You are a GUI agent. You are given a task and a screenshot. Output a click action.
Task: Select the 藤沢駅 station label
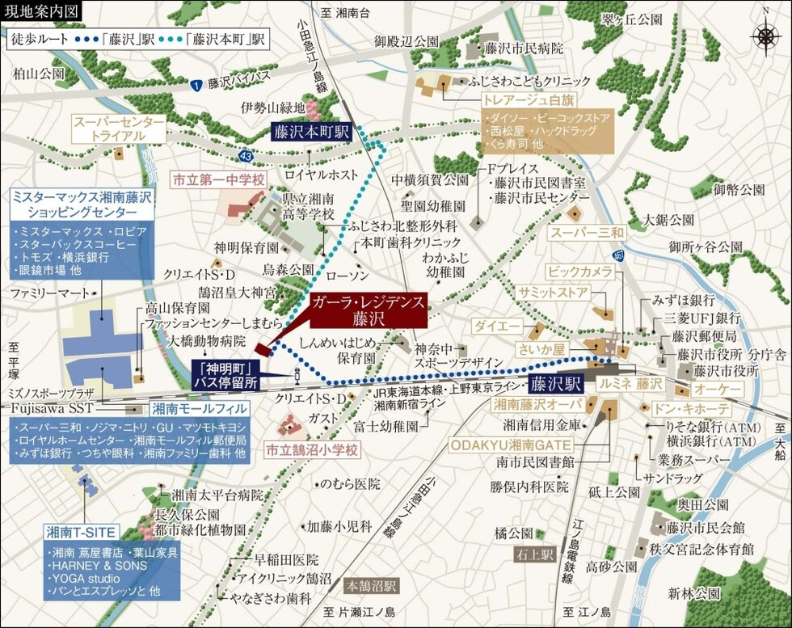tap(557, 383)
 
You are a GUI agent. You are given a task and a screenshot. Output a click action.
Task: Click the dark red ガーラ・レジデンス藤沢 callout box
tap(366, 311)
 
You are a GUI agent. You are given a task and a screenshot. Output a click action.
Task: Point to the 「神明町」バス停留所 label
tap(225, 374)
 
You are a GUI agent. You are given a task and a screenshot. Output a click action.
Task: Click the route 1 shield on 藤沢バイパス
tap(196, 84)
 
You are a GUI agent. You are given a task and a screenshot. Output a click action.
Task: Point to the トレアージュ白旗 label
tap(540, 100)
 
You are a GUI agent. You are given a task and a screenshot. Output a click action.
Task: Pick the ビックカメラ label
tap(580, 271)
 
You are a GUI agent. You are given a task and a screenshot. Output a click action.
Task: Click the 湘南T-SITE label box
tap(82, 532)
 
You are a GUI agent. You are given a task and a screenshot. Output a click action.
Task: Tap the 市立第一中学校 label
tap(218, 179)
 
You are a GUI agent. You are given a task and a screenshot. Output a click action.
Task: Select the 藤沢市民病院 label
tap(524, 48)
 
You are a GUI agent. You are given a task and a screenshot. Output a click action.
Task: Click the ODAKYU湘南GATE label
tap(511, 445)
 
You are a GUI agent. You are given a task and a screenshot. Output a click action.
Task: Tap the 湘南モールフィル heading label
tap(199, 409)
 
